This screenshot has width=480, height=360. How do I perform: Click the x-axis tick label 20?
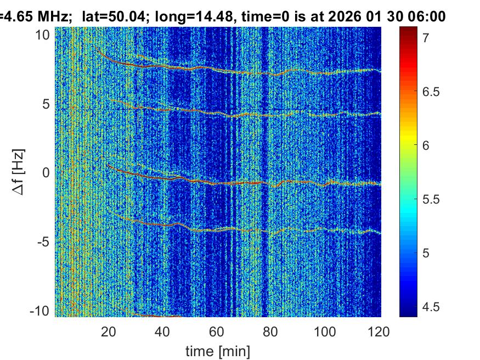tap(109, 331)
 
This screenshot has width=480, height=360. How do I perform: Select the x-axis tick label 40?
tap(163, 331)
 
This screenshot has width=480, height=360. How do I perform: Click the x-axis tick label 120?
tap(379, 331)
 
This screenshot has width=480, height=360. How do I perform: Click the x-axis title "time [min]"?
tap(218, 350)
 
